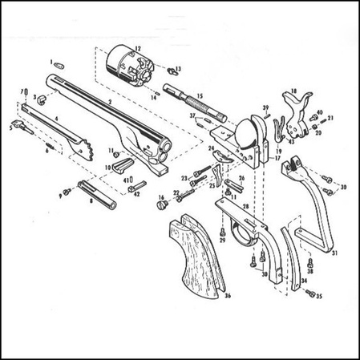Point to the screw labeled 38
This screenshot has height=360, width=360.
(309, 261)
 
